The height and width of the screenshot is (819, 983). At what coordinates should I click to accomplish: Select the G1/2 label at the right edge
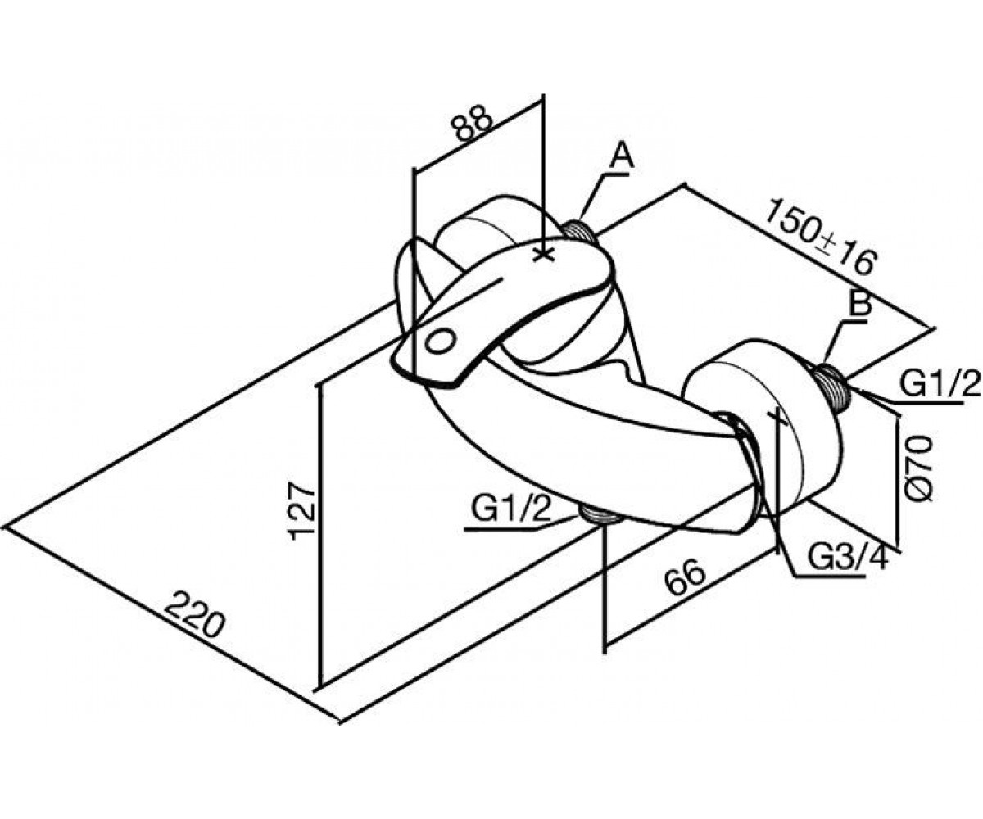940,384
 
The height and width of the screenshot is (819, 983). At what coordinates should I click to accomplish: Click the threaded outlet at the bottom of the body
600,514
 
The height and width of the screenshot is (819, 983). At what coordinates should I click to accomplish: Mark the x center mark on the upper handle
544,255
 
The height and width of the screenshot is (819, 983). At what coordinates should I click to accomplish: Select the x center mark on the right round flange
777,417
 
